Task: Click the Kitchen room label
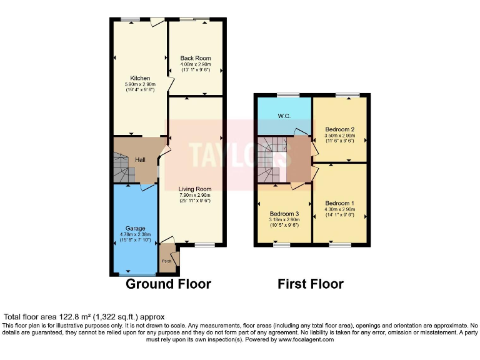(x=140, y=78)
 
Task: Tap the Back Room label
(x=196, y=58)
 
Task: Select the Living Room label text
(x=195, y=189)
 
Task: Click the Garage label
(x=135, y=229)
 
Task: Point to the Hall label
(x=141, y=160)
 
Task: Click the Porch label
(x=167, y=261)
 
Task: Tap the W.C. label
(x=284, y=116)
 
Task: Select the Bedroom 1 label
(x=339, y=203)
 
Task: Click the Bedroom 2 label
(x=339, y=129)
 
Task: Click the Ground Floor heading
(x=168, y=284)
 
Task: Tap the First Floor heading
(x=311, y=284)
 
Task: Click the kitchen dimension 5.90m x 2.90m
(x=140, y=84)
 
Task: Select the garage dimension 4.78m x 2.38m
(x=135, y=234)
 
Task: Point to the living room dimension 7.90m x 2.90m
(x=195, y=195)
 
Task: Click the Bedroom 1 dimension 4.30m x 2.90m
(x=339, y=209)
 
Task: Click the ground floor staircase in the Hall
(x=121, y=167)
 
